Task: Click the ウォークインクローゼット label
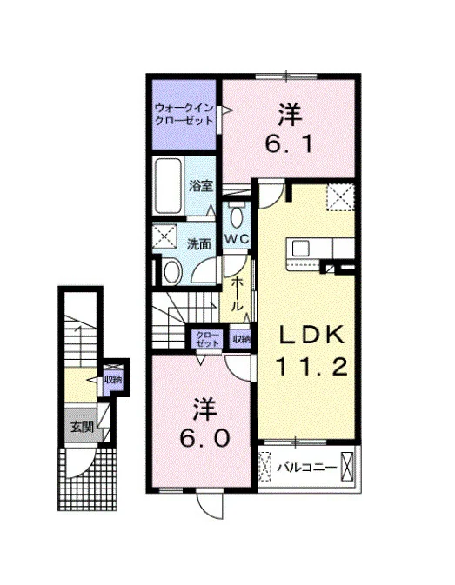(184, 115)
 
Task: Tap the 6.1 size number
(289, 143)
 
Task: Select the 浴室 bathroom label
(200, 185)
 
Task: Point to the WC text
(237, 239)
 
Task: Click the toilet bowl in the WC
(236, 217)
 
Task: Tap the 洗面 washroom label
(199, 244)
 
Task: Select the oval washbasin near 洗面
(171, 271)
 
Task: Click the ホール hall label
(237, 295)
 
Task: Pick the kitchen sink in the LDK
(300, 248)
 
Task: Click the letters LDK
(312, 335)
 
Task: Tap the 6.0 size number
(204, 438)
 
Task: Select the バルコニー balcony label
(307, 468)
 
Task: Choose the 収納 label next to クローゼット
(242, 339)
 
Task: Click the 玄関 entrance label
(82, 427)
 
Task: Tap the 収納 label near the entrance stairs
(112, 380)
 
